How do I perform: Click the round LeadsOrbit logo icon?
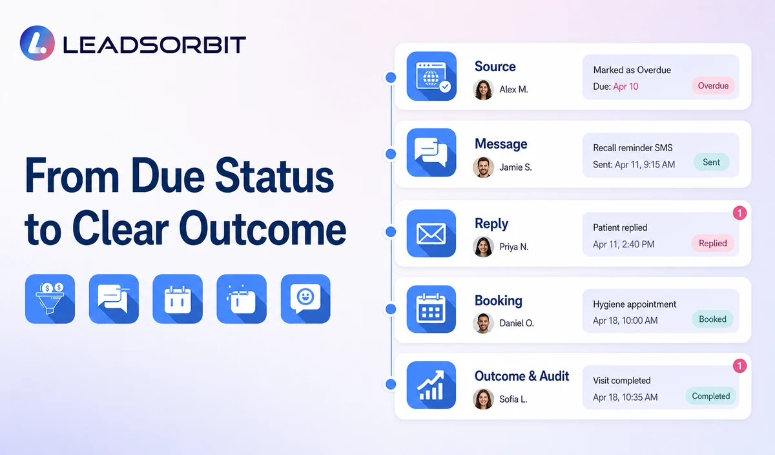point(37,43)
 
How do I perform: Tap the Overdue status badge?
point(713,85)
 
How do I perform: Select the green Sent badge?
point(711,162)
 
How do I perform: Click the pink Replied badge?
point(713,243)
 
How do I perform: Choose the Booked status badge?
point(712,319)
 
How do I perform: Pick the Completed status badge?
point(710,396)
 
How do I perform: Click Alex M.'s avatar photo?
point(483,89)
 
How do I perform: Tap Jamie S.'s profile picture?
point(483,167)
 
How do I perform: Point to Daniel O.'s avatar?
point(483,323)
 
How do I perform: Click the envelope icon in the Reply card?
point(431,233)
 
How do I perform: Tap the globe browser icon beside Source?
point(431,76)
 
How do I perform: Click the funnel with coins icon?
point(50,299)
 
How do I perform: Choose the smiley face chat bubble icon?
point(305,299)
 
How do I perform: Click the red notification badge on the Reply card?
point(739,213)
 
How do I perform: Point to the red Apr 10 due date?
point(626,86)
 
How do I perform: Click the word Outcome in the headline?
point(263,229)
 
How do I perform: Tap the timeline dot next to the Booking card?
point(391,309)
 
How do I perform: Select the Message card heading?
point(501,144)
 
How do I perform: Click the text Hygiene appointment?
point(634,304)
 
